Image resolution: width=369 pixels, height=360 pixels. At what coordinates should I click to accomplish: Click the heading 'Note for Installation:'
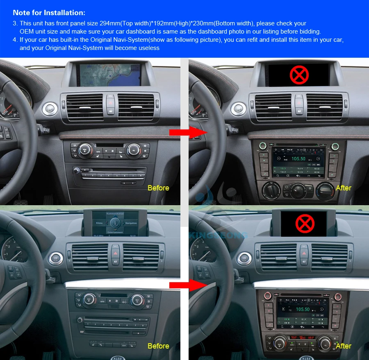(49, 13)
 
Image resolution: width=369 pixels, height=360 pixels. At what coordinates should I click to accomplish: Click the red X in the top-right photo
(299, 75)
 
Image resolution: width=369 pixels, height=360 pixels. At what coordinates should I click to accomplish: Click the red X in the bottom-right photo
(305, 223)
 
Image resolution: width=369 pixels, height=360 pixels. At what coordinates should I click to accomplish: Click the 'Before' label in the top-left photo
(158, 188)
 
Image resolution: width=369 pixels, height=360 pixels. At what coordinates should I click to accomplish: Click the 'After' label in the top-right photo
(343, 188)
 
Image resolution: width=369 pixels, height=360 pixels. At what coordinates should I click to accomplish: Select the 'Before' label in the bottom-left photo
(158, 346)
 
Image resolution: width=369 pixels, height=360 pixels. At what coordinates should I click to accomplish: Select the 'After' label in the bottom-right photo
(343, 346)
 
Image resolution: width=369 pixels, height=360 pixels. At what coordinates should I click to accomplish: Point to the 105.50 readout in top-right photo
(298, 158)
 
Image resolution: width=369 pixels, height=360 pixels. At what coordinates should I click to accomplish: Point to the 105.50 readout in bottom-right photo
(303, 309)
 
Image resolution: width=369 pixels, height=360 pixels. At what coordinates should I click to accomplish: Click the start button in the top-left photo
(50, 109)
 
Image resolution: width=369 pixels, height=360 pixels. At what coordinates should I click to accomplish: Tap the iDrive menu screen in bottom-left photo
(115, 223)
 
